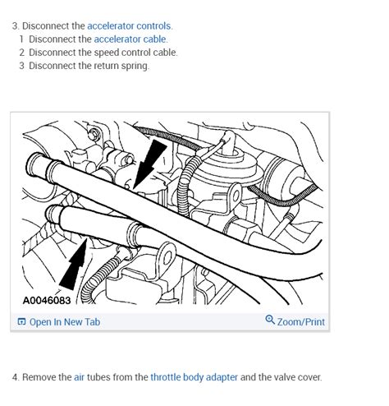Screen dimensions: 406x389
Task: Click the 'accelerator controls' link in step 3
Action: [x=130, y=26]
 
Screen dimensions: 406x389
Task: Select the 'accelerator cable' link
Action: [x=130, y=39]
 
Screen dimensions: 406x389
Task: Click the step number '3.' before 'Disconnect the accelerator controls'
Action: [x=16, y=26]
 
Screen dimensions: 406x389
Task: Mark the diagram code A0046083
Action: [x=47, y=301]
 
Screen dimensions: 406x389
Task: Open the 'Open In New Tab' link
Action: [x=64, y=322]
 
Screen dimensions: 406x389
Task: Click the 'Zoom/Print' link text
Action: [x=301, y=322]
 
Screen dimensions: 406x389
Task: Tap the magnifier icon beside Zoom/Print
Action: [x=270, y=321]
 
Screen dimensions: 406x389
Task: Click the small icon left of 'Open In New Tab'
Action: [x=21, y=322]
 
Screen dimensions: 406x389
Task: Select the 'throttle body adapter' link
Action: [x=194, y=377]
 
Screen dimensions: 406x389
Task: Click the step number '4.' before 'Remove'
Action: [x=16, y=377]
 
